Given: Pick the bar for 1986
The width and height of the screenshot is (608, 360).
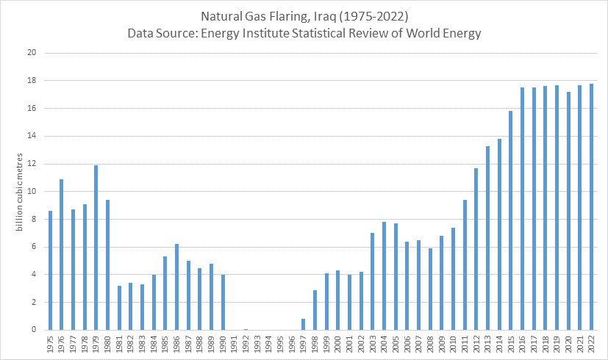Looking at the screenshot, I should click(176, 287).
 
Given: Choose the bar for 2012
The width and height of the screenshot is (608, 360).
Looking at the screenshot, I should click(476, 249).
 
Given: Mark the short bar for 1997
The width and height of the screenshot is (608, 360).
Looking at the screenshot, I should click(304, 324).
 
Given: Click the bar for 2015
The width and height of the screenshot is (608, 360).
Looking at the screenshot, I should click(511, 220).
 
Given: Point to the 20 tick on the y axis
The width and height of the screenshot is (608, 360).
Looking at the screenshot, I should click(32, 53).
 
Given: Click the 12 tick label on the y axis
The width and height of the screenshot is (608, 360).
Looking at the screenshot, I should click(32, 164).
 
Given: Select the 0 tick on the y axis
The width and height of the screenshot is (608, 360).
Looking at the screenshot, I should click(34, 330).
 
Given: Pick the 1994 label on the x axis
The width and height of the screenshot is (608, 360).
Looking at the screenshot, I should click(269, 345).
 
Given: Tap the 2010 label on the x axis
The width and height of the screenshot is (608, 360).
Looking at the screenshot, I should click(454, 345).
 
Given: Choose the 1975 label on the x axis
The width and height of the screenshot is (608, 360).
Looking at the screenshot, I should click(50, 345).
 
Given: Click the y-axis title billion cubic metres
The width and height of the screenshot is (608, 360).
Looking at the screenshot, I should click(21, 191).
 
